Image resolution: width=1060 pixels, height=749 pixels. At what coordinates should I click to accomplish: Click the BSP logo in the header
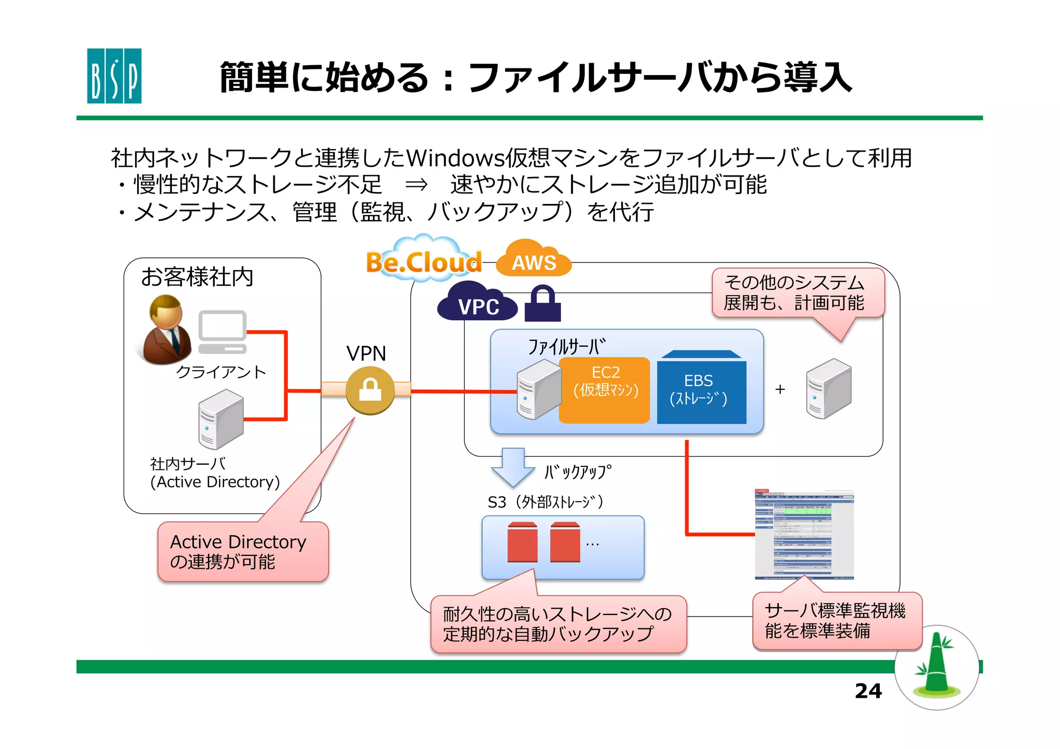click(x=114, y=76)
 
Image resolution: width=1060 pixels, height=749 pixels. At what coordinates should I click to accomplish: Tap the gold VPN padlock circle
click(x=370, y=390)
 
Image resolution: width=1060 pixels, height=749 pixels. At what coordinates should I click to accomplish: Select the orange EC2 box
click(x=605, y=390)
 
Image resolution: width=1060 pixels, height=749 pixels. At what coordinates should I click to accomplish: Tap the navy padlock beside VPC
click(x=542, y=304)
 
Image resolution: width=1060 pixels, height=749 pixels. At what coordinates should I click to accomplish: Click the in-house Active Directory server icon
click(x=221, y=419)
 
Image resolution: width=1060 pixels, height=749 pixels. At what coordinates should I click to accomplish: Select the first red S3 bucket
click(x=522, y=542)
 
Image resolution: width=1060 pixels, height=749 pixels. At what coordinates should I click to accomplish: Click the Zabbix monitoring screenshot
click(x=804, y=534)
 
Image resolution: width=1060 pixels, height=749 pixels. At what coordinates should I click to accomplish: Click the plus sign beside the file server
click(x=780, y=389)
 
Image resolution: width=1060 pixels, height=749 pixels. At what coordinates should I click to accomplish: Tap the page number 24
click(x=868, y=691)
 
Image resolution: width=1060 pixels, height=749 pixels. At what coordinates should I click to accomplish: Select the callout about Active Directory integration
click(x=243, y=552)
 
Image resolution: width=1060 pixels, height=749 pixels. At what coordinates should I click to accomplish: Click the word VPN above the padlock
click(x=366, y=354)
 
